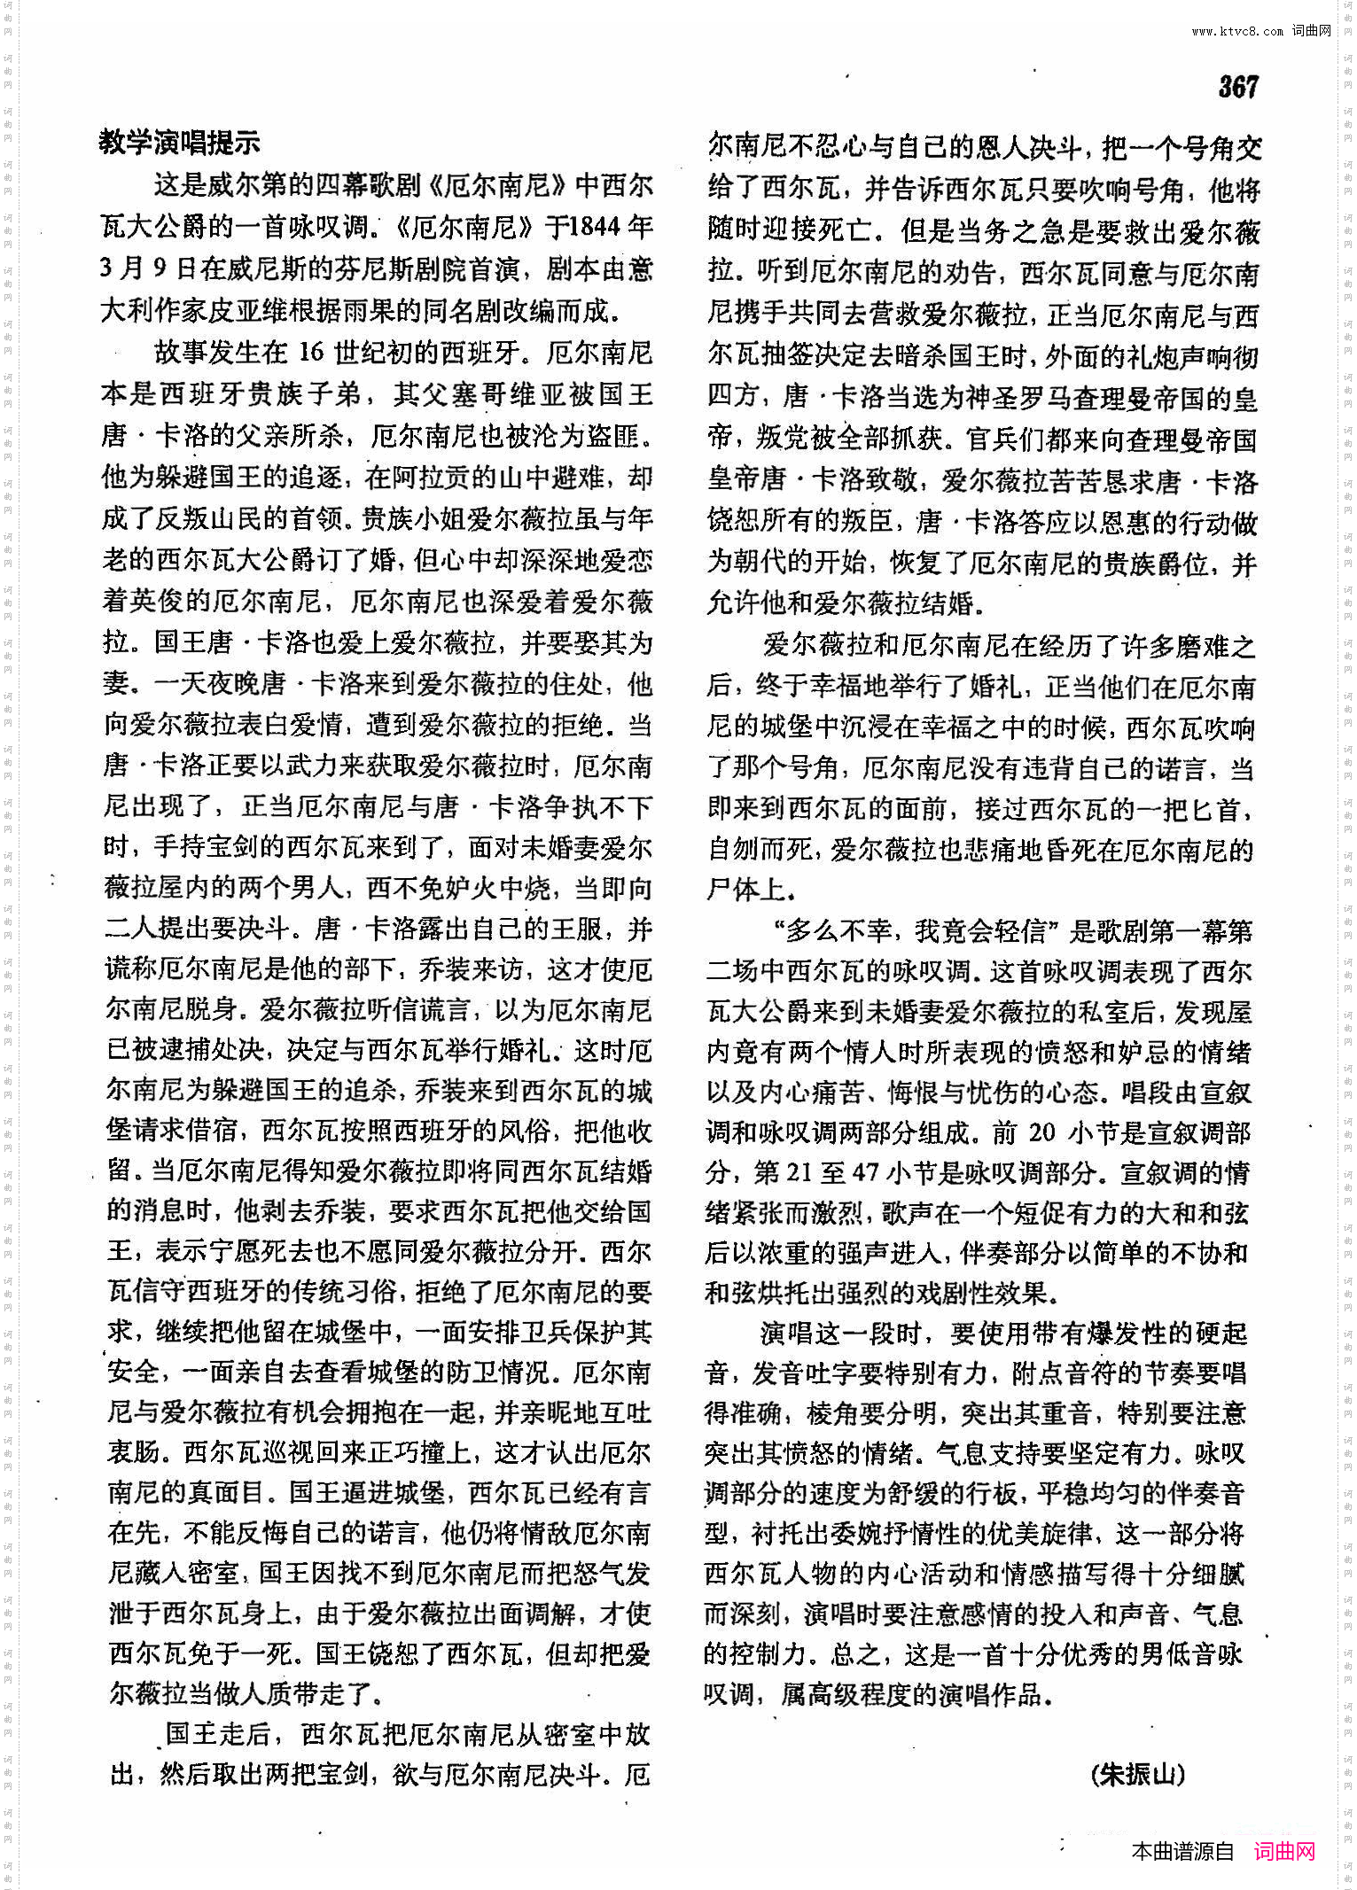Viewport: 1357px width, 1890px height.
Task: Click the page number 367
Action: pos(1237,86)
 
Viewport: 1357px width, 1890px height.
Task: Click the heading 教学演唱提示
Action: pos(179,142)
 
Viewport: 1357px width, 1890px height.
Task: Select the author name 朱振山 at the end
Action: pos(1138,1774)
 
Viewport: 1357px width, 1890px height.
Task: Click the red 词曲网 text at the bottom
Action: pos(1284,1851)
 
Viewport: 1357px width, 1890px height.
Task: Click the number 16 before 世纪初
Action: pos(311,352)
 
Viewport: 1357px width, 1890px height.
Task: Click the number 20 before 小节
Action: pos(1041,1132)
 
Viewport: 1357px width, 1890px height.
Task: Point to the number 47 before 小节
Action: pos(865,1173)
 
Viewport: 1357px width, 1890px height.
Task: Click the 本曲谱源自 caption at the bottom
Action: pos(1182,1851)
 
